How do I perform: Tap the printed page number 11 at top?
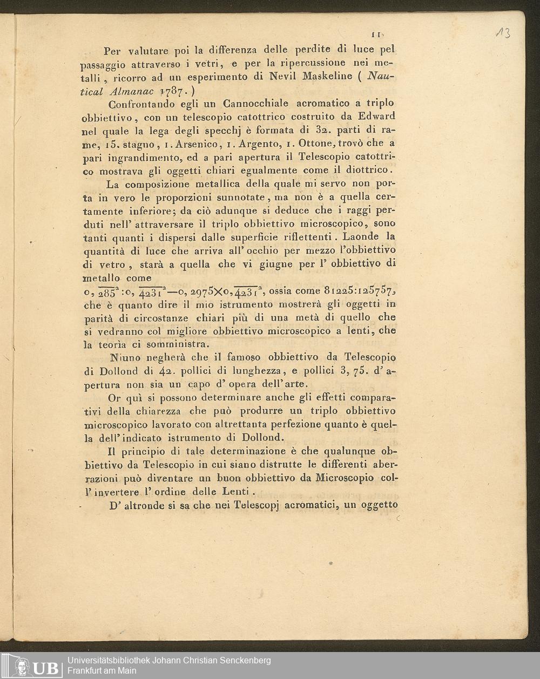click(x=377, y=36)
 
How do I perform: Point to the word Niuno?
click(x=126, y=358)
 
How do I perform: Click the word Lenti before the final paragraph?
click(x=235, y=492)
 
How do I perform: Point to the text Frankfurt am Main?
click(x=102, y=671)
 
